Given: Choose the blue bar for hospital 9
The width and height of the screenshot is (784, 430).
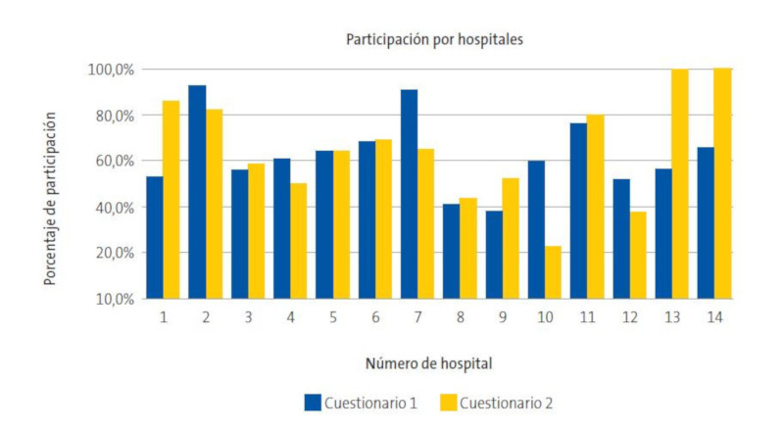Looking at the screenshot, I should click(494, 255).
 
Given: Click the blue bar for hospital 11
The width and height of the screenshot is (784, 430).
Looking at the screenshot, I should click(578, 211).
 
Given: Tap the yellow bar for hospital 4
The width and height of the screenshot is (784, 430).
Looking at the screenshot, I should click(298, 240).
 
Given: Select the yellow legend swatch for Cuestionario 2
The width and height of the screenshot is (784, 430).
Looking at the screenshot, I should click(447, 402).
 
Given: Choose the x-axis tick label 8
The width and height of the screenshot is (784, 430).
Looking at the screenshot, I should click(460, 318).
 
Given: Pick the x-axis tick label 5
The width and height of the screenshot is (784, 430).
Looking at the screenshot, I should click(332, 318).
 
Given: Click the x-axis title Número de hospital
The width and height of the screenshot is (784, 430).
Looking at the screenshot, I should click(428, 363).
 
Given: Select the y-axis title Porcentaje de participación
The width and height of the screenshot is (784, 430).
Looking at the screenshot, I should click(49, 198).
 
